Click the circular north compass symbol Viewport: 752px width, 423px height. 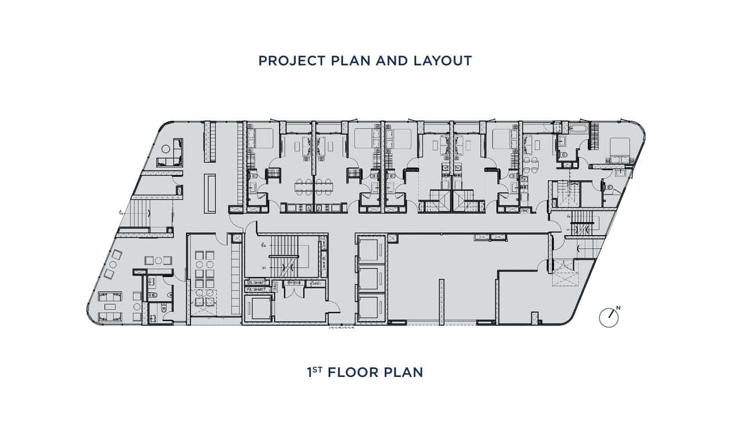[608, 318]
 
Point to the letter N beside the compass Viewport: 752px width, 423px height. [618, 307]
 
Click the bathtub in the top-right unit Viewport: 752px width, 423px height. [577, 129]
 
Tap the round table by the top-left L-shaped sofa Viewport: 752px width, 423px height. [166, 149]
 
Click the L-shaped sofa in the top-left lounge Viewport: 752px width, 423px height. [171, 157]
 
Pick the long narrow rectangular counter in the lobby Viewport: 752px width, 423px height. [210, 194]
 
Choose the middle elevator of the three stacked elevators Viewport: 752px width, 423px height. [371, 278]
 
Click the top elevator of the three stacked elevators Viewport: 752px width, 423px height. [371, 250]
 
